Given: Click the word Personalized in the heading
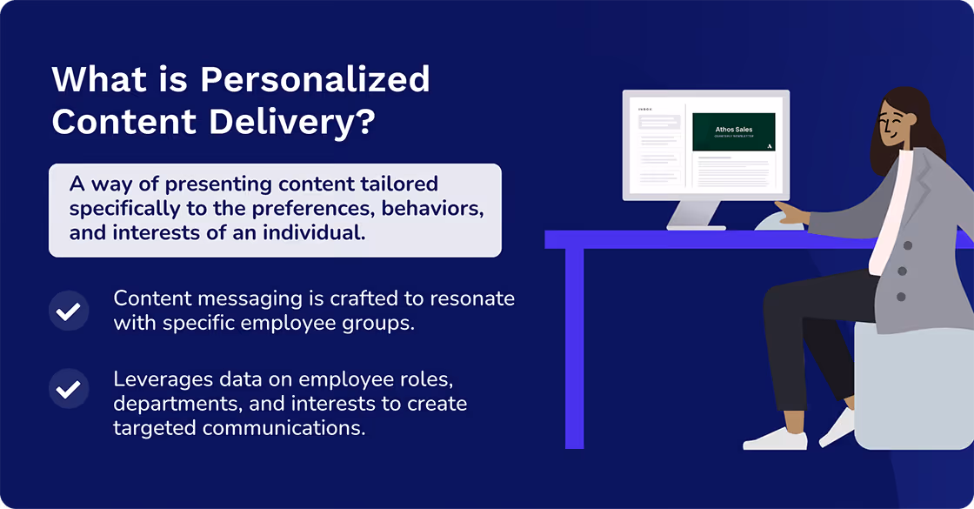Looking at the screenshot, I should coord(315,79).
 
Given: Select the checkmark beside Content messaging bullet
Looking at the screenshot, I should coord(69,311).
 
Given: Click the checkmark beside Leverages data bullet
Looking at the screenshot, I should coord(69,389).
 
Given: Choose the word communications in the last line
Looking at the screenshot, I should coord(286,427).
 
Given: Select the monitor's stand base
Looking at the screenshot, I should coord(696,225).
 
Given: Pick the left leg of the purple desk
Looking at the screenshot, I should coord(574,348).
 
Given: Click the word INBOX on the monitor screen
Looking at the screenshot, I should coord(645,110).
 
